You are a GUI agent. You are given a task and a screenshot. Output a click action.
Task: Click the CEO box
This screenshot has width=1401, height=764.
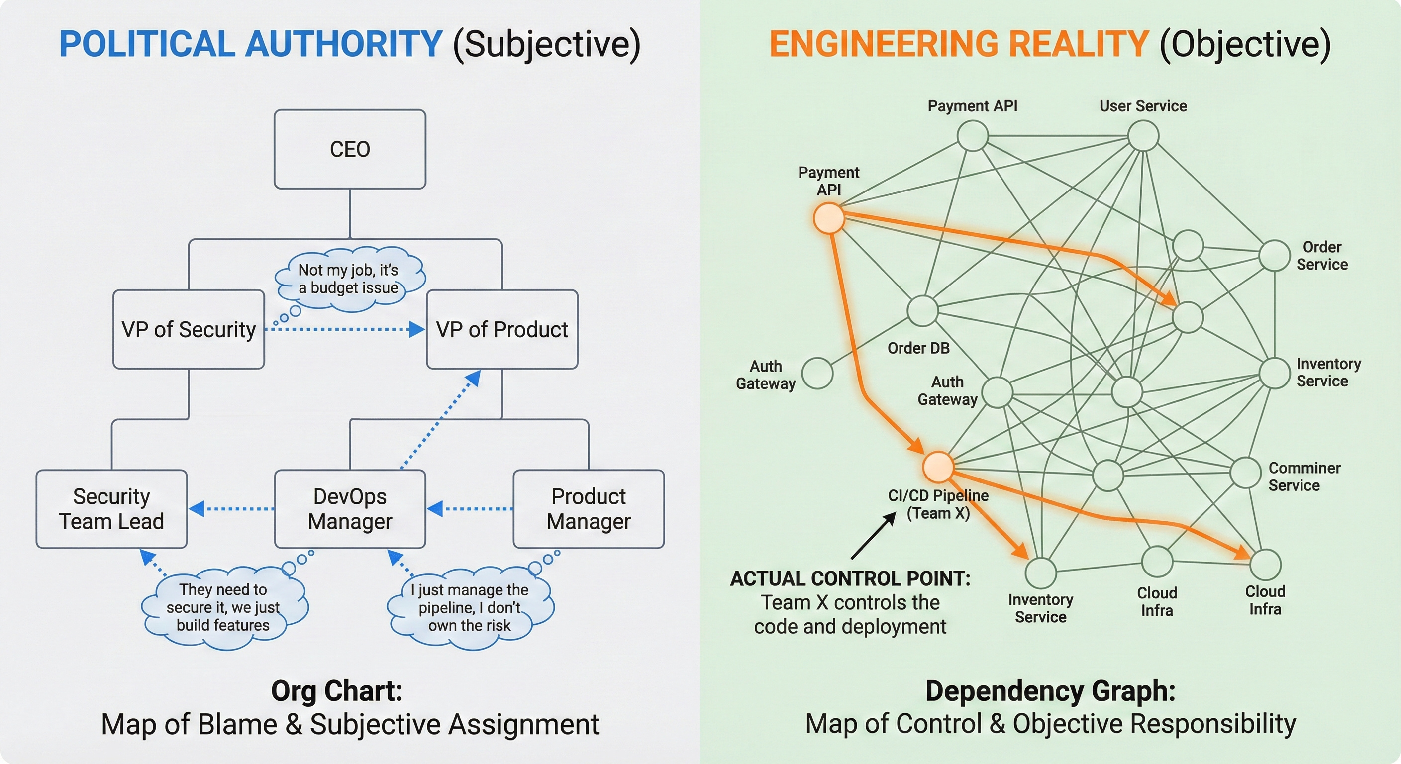pos(350,149)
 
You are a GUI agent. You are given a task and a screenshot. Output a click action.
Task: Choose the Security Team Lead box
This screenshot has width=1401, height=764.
pos(111,508)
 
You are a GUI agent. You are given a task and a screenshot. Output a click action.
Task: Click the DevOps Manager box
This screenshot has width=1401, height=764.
pos(350,508)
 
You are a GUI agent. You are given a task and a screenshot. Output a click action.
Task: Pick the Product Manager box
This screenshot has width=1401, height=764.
pos(589,508)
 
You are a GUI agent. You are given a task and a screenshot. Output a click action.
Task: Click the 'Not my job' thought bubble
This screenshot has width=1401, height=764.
pos(349,279)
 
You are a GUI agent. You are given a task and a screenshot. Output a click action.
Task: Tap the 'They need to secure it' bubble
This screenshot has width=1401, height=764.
pos(223,607)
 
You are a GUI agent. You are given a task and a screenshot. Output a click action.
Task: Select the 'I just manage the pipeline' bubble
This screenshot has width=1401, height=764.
pos(469,607)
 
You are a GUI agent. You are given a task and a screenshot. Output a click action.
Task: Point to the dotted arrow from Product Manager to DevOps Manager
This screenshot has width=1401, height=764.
pos(471,509)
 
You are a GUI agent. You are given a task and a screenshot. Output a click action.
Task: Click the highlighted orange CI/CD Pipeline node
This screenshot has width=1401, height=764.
pos(938,467)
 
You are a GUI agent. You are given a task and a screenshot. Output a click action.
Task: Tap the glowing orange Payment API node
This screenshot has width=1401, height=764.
pos(828,218)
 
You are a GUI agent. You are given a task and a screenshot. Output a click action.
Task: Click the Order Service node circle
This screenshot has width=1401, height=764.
pos(1274,255)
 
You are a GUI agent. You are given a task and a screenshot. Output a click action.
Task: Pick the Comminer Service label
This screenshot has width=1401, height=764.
pos(1303,477)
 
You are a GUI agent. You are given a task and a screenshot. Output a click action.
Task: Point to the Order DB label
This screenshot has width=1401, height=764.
pos(918,348)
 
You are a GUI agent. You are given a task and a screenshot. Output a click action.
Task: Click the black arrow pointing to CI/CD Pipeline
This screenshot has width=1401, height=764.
pos(874,536)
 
